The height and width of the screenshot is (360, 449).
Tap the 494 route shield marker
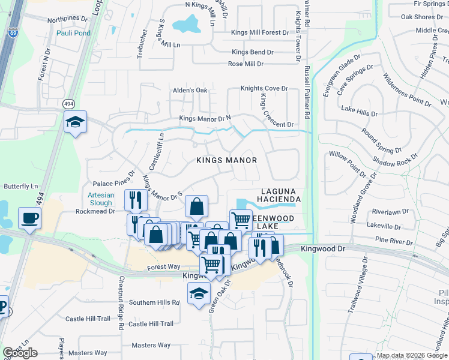tap(69, 104)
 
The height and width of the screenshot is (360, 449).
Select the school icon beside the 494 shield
tap(76, 122)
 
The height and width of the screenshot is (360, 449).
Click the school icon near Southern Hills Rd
tap(199, 293)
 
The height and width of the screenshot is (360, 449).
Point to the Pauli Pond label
tap(73, 33)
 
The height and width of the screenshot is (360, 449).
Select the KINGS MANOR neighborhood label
tap(227, 160)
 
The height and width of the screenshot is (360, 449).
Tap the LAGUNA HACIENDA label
tap(278, 193)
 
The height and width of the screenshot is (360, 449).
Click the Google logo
tap(20, 353)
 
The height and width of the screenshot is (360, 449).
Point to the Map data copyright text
tap(412, 355)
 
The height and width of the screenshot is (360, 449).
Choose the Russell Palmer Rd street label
tap(307, 90)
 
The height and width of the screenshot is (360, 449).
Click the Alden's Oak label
tap(190, 90)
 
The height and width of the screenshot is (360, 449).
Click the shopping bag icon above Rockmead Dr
tap(196, 207)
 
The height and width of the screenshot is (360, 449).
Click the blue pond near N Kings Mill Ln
tap(187, 25)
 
